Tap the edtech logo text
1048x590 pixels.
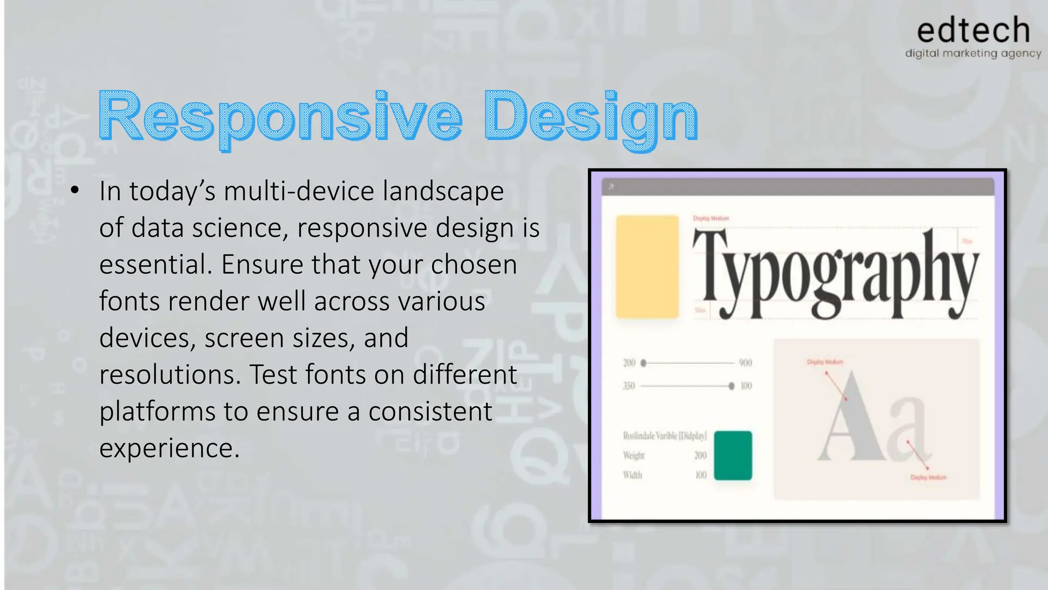coord(973,30)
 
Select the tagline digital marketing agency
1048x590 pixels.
coord(973,53)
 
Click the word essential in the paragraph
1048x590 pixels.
coord(155,265)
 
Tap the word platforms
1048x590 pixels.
coord(157,411)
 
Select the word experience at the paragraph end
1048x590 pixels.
coord(169,448)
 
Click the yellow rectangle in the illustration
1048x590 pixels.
coord(647,267)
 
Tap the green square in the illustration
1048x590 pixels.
coord(733,455)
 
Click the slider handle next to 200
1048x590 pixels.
coord(643,363)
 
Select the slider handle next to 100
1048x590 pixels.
coord(731,386)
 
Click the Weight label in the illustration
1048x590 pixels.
coord(634,455)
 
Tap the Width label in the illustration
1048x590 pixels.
coord(632,475)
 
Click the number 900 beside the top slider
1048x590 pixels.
coord(745,363)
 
